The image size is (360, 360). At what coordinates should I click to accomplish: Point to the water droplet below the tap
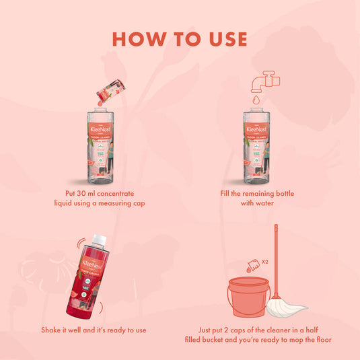[x=256, y=99]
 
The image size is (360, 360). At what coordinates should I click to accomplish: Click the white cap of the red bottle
[x=99, y=239]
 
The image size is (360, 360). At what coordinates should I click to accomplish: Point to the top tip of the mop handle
[x=276, y=227]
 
